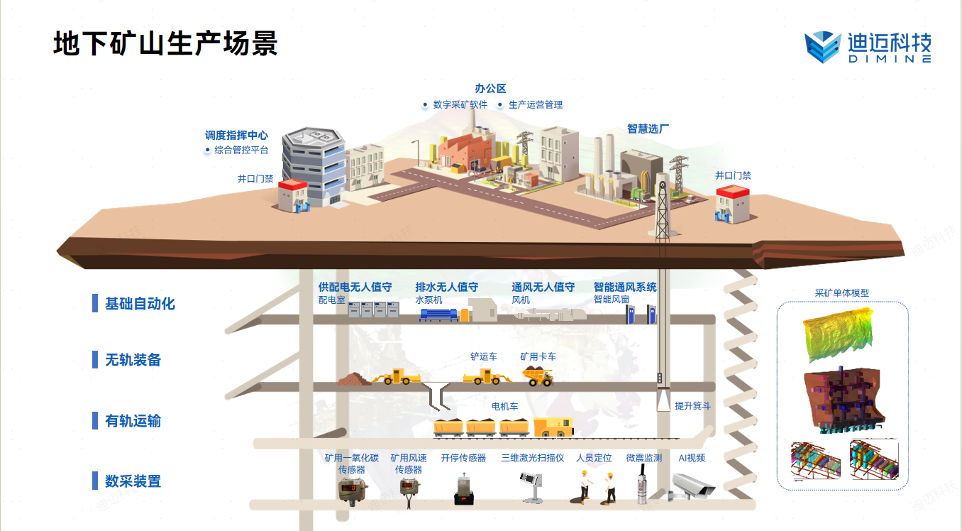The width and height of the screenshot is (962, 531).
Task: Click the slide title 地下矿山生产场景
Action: click(165, 44)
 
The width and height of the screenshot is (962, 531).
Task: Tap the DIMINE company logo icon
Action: click(822, 48)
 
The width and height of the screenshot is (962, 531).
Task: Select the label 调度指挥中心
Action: click(236, 135)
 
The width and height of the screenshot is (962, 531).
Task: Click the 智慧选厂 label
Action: click(648, 128)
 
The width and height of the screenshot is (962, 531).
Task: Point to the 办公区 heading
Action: click(490, 89)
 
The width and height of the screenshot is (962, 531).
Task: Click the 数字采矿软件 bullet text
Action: click(460, 104)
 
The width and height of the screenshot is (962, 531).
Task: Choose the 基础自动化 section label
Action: click(140, 304)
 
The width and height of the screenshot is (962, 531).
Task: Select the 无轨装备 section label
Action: click(133, 360)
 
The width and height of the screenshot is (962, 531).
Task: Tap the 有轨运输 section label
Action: click(133, 421)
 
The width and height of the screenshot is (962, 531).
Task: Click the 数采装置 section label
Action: click(133, 481)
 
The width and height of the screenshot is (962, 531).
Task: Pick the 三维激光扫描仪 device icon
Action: click(532, 487)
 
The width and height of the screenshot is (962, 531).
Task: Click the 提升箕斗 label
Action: click(692, 406)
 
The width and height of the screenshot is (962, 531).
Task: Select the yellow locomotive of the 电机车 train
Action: click(553, 427)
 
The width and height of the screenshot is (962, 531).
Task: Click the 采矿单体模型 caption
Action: click(841, 292)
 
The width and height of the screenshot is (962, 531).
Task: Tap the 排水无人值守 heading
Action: click(446, 288)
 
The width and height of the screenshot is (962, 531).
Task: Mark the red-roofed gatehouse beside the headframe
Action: click(732, 204)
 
